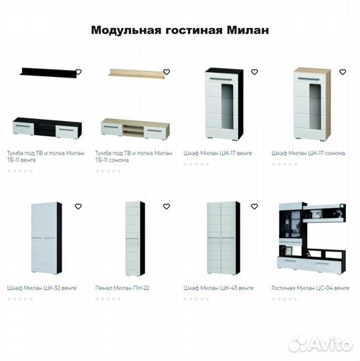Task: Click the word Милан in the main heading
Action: coord(248,30)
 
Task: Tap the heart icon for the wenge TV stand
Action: coord(78,72)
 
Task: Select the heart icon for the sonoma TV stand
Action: coord(167,72)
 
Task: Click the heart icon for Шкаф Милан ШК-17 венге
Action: coord(254,72)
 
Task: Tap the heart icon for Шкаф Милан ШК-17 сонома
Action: coord(343,72)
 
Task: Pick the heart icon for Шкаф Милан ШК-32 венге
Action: coord(78,207)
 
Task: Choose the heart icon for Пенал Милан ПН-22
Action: coord(167,207)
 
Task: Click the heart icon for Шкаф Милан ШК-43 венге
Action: coord(254,207)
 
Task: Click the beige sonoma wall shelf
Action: coord(138,73)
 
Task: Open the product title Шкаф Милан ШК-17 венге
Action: coord(217,153)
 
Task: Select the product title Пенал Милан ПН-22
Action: coord(122,288)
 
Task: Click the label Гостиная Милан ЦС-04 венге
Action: coord(310,288)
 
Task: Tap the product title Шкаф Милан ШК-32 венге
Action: coord(41,288)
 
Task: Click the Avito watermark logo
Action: coord(321,344)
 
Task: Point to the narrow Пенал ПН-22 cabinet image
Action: coord(135,239)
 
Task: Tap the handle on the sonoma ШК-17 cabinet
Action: coord(308,79)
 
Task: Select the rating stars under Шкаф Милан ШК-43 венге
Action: coord(196,299)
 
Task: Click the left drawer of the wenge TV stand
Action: coord(23,128)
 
